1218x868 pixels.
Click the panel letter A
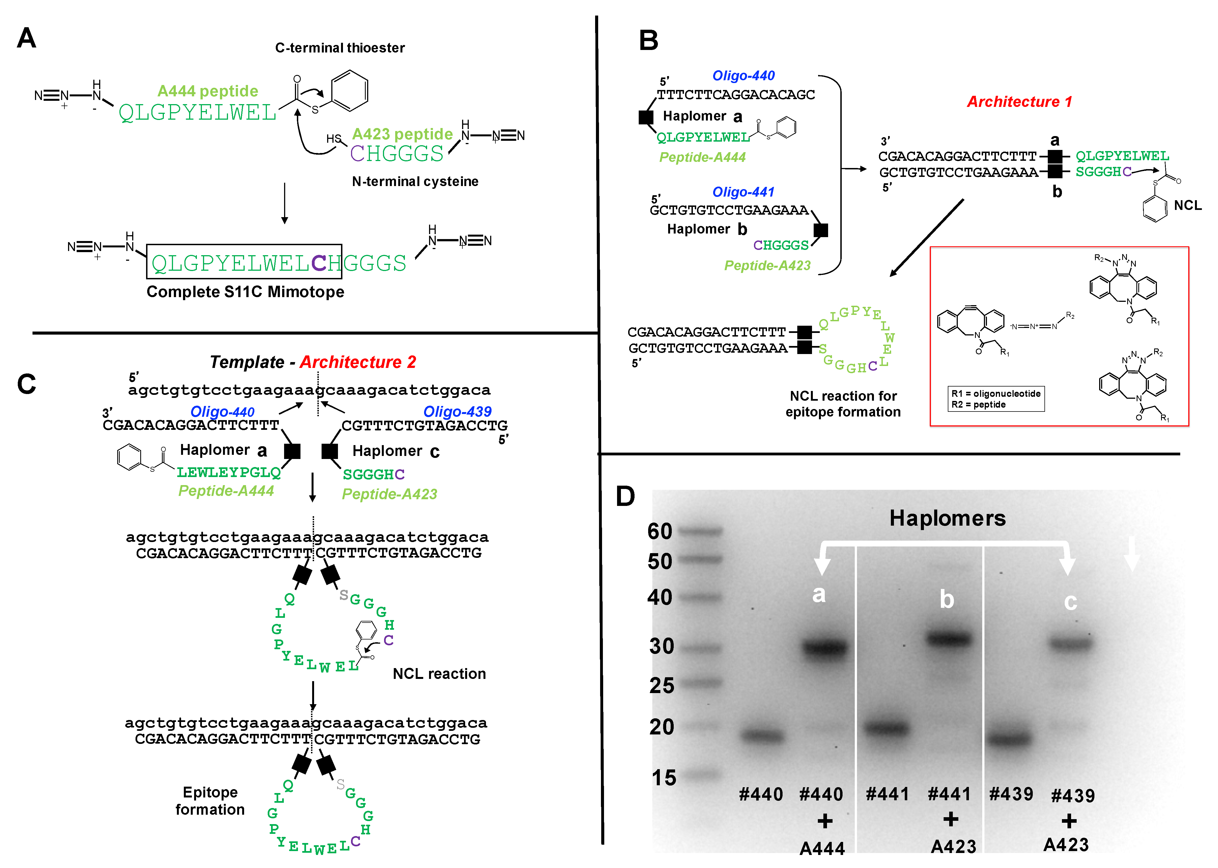point(27,39)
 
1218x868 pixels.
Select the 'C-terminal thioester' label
point(340,48)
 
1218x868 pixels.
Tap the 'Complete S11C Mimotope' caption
point(245,292)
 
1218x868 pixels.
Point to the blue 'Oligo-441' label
point(743,192)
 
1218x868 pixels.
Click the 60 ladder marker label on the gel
point(660,531)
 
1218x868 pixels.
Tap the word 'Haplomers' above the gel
point(947,518)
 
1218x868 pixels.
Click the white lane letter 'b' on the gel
point(946,599)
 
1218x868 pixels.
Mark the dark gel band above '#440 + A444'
point(825,648)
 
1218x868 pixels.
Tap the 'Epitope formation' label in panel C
point(210,801)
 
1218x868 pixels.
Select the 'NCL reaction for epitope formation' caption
point(843,404)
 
